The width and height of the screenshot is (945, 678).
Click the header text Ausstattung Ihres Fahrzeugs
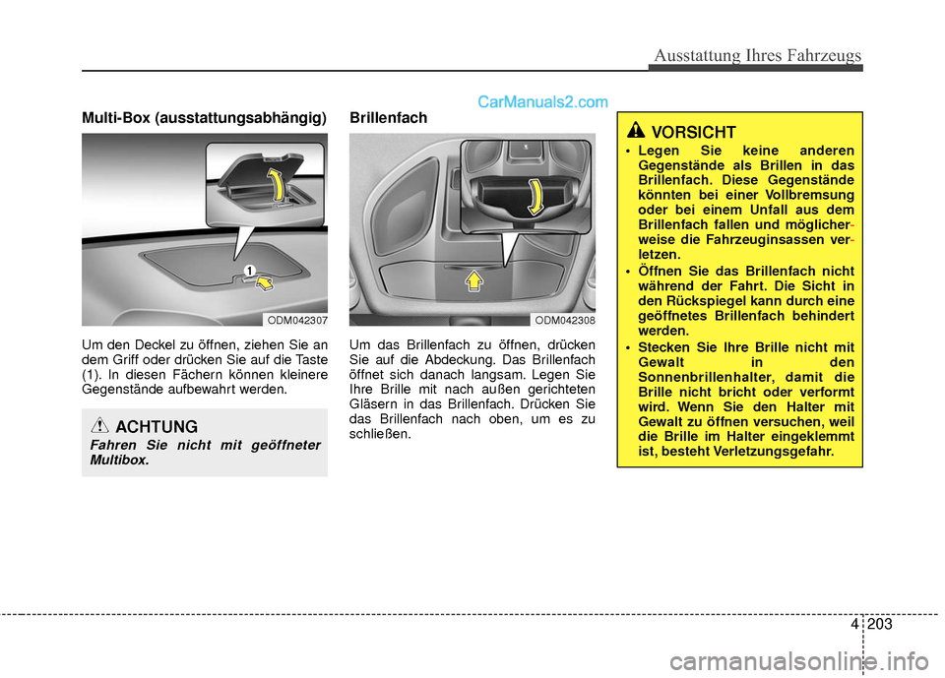pos(755,55)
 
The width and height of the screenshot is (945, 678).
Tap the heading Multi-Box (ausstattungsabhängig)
pos(205,118)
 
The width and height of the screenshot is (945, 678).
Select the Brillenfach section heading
pos(389,118)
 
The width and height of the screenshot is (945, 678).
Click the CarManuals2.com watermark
pos(542,100)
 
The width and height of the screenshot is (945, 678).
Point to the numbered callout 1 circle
pos(250,270)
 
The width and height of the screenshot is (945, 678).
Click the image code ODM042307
pos(296,320)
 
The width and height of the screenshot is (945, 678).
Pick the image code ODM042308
pos(565,320)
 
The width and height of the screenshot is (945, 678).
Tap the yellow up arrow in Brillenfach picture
pos(473,282)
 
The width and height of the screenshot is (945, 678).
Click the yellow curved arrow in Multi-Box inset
pos(282,184)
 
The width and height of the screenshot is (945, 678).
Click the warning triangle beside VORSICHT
pos(637,131)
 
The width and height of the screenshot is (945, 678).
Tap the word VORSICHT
pos(694,132)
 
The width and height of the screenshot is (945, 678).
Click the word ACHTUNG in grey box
pos(157,426)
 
